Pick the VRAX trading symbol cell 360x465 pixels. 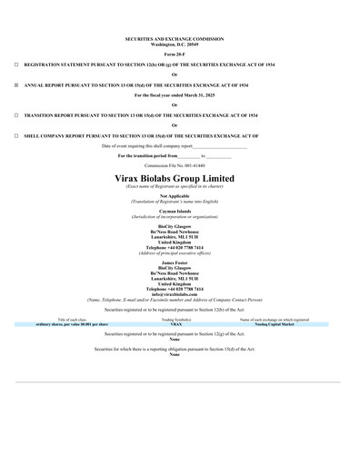[175, 323]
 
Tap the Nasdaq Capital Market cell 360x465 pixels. [275, 323]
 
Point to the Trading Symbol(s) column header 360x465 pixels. [176, 320]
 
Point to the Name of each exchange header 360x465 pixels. [275, 320]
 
